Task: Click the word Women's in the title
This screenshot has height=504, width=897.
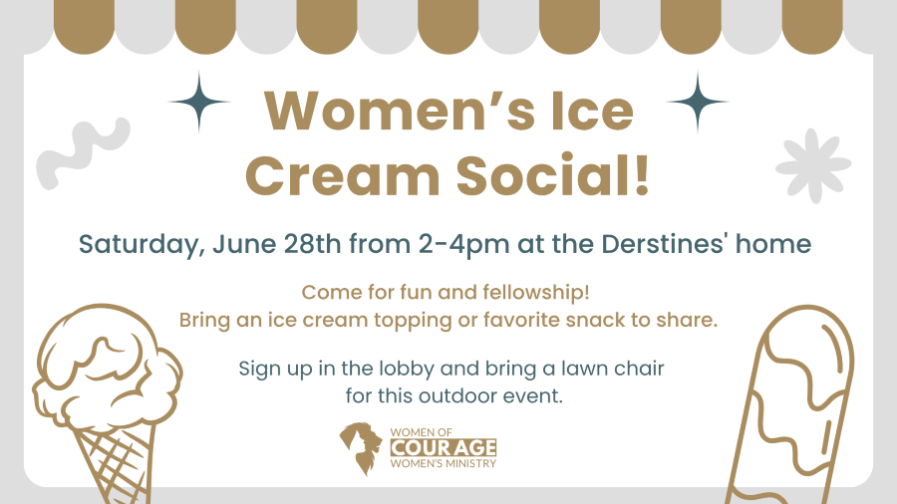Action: (x=400, y=111)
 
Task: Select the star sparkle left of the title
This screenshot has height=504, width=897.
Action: (x=199, y=102)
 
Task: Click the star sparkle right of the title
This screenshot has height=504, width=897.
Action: (x=698, y=102)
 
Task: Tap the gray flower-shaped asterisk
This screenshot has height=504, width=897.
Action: (x=813, y=165)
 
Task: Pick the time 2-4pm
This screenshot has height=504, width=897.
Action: (x=463, y=245)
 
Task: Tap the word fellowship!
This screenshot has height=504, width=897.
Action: (x=536, y=293)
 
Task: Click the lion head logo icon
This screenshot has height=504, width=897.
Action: (x=361, y=448)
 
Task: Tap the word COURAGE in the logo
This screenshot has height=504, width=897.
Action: (x=444, y=447)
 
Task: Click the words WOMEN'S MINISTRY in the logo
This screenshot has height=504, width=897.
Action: (x=444, y=463)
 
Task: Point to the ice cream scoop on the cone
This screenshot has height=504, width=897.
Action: (x=107, y=366)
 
